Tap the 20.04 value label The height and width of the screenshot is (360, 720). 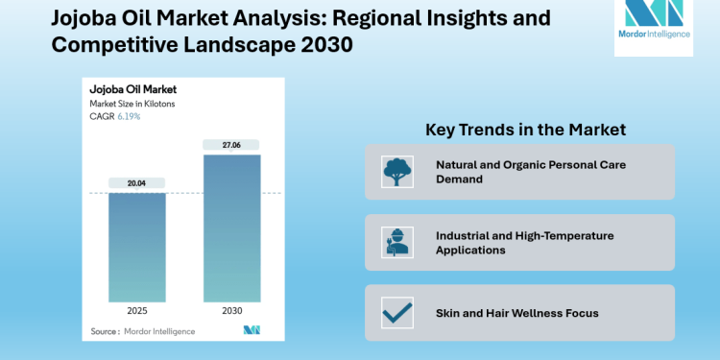(x=136, y=181)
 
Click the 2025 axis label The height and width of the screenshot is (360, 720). (x=136, y=311)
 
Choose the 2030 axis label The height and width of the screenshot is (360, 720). (x=230, y=311)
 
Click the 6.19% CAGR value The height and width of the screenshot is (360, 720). (x=129, y=116)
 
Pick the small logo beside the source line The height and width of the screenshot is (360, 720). (x=252, y=331)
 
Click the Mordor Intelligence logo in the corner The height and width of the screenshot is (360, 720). (x=652, y=28)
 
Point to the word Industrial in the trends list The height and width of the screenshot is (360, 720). (x=466, y=235)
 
